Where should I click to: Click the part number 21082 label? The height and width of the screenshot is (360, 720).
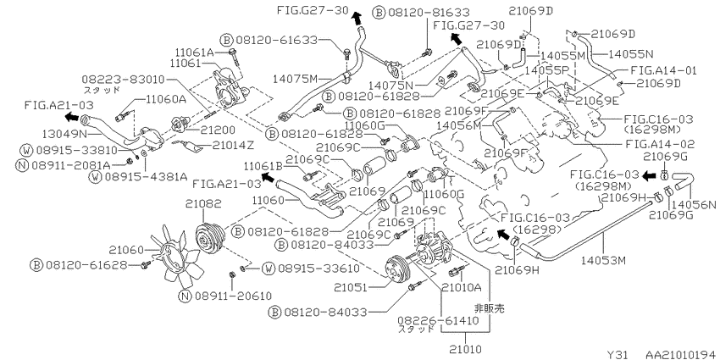(x=203, y=203)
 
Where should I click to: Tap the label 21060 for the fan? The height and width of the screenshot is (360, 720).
(x=127, y=250)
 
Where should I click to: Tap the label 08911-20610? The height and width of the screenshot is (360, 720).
(x=232, y=296)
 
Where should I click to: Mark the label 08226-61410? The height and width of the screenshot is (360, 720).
(x=439, y=320)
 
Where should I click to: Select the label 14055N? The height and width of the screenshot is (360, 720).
(x=630, y=53)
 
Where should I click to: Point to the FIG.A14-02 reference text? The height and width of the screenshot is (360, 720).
(x=660, y=144)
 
